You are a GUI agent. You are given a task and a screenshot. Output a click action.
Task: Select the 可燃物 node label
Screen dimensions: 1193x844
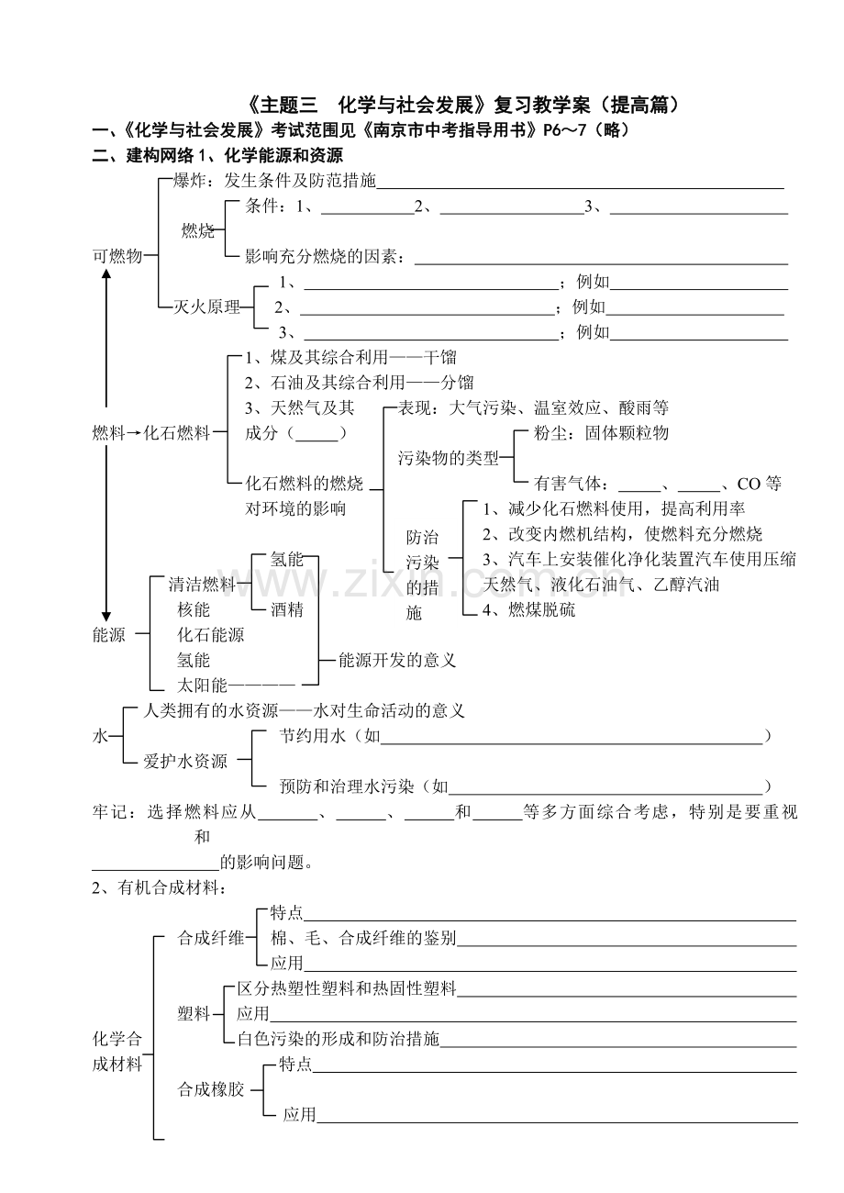coord(117,256)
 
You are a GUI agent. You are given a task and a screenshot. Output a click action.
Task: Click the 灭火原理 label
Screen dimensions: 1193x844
coord(206,307)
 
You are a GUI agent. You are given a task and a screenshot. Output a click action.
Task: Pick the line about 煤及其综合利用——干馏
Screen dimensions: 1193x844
coord(350,357)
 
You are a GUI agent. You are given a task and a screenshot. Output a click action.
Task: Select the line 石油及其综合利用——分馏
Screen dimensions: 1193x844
coord(360,383)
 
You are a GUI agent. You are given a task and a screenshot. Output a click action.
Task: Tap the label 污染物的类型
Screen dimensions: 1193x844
coord(449,458)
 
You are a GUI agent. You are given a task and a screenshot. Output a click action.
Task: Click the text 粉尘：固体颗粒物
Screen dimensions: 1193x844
coord(601,433)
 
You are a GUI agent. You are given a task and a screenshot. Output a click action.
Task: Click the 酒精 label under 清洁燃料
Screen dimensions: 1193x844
coord(287,609)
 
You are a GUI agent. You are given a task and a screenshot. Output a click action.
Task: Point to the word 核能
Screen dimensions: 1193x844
coord(194,609)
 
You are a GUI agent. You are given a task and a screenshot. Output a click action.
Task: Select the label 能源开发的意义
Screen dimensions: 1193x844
coord(397,661)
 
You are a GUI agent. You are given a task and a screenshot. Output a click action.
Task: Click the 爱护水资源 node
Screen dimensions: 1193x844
coord(185,761)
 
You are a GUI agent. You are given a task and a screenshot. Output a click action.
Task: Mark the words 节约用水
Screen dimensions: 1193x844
coord(312,736)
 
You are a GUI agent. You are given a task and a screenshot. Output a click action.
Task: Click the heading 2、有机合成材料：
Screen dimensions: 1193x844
coord(159,887)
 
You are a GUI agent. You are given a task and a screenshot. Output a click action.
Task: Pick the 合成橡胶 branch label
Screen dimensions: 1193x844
coord(211,1089)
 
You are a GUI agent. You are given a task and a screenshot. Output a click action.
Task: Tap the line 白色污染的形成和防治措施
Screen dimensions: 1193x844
coord(338,1039)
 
